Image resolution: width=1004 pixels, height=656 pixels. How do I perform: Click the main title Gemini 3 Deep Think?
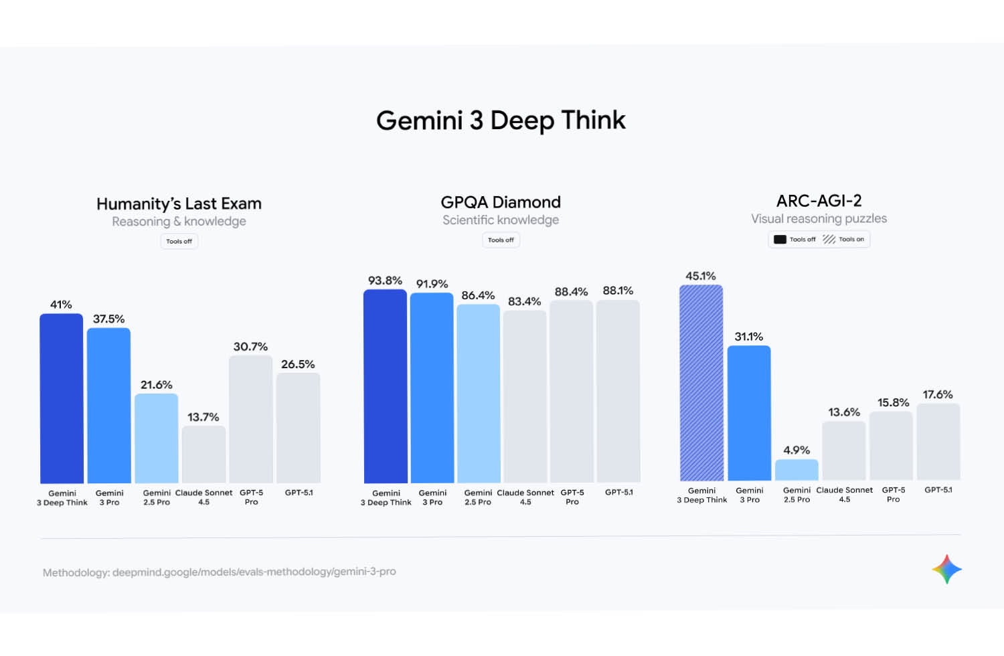(501, 120)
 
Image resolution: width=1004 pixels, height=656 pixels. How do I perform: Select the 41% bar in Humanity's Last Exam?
(62, 398)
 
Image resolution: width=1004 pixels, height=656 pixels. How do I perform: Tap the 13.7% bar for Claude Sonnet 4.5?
(203, 455)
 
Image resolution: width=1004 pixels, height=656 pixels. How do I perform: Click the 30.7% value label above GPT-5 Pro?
(250, 347)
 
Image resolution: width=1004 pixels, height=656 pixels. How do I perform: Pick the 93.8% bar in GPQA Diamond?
(386, 386)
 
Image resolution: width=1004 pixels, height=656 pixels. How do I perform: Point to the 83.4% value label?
(524, 302)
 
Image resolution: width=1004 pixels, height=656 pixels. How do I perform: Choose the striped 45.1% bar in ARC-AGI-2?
(701, 383)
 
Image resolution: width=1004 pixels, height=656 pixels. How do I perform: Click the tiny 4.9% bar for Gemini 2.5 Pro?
(797, 470)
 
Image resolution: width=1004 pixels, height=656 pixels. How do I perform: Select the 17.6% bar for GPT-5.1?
(938, 442)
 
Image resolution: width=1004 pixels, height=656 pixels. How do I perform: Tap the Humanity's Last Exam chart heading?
(179, 203)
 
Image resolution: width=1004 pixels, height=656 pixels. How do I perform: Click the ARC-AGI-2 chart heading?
(819, 201)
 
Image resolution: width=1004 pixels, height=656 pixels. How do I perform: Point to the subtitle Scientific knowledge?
(501, 220)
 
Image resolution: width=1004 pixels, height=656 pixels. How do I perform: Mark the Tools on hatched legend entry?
(844, 240)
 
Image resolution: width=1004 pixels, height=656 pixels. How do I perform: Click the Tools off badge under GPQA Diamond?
(501, 240)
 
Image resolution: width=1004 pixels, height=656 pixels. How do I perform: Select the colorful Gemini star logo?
(946, 570)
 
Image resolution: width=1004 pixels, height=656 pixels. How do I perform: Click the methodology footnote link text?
(220, 572)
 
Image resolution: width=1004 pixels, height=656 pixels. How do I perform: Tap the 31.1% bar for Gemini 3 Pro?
(749, 413)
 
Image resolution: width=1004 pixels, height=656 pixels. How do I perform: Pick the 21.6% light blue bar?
(157, 438)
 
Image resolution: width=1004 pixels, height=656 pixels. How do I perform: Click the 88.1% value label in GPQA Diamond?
(618, 291)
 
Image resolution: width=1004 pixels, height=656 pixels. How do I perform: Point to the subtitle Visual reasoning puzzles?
(819, 219)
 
